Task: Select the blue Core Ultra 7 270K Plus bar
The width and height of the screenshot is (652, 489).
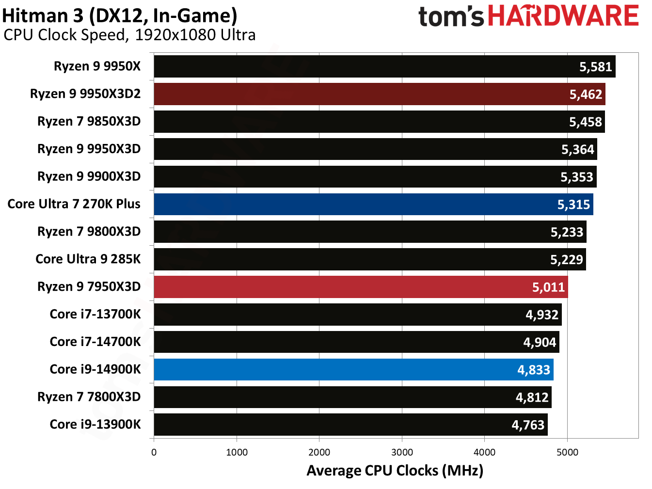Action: tap(373, 204)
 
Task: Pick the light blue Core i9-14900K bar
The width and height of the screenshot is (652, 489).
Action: tap(353, 370)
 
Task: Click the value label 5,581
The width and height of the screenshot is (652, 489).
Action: tap(595, 67)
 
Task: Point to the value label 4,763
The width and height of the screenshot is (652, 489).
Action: tap(528, 425)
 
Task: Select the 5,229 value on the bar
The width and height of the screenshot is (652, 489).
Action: tap(566, 260)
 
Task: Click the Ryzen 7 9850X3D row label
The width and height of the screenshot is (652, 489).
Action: tap(89, 121)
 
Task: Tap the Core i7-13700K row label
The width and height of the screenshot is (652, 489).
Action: tap(95, 314)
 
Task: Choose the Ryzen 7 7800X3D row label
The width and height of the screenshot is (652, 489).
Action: tap(89, 397)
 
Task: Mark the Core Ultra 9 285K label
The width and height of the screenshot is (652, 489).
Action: tap(88, 259)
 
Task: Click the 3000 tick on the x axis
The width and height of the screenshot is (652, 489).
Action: tap(402, 452)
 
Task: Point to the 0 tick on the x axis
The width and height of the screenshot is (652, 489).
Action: tap(154, 452)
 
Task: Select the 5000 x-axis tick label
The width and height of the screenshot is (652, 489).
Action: tap(567, 452)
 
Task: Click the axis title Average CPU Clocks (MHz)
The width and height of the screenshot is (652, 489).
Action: tap(395, 471)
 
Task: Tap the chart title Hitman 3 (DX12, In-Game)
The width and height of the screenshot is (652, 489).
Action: tap(120, 16)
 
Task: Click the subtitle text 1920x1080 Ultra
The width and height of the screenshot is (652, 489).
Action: tap(195, 35)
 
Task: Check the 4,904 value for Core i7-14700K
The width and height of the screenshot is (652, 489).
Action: tap(539, 343)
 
